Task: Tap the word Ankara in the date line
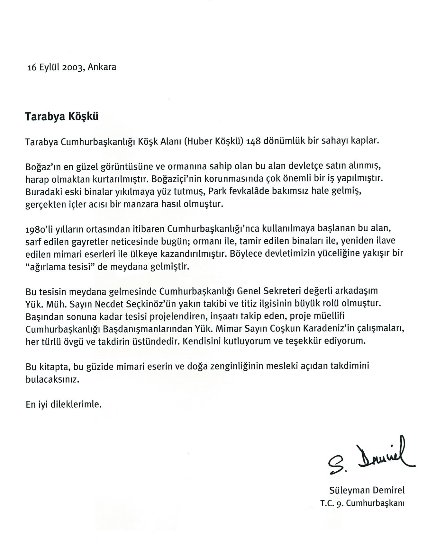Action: [102, 67]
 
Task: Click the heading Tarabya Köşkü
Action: [62, 116]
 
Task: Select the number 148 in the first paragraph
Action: [254, 141]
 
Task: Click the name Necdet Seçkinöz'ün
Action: [128, 303]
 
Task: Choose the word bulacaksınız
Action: [52, 379]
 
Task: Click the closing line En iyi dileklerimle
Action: [64, 404]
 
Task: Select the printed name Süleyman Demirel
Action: [367, 490]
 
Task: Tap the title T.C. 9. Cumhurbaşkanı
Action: [362, 503]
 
